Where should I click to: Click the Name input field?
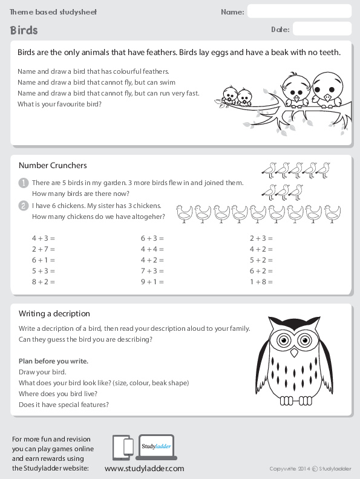coord(299,11)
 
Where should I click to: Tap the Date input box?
coord(321,28)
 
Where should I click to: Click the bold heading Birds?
coord(24,30)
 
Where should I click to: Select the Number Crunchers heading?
coord(53,165)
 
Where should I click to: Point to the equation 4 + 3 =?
coord(43,238)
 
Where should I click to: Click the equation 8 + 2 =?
coord(43,282)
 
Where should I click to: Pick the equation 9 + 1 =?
coord(152,282)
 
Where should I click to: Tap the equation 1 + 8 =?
coord(261,282)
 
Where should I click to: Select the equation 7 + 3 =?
coord(152,271)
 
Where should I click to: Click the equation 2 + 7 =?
coord(43,249)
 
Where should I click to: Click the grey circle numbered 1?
coord(23,183)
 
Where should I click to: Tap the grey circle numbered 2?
coord(23,206)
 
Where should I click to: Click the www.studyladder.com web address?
coord(144,468)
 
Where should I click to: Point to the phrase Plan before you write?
coord(53,361)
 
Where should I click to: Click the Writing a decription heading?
coord(54,313)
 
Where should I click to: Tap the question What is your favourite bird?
coord(59,103)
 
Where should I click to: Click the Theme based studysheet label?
coord(53,12)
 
